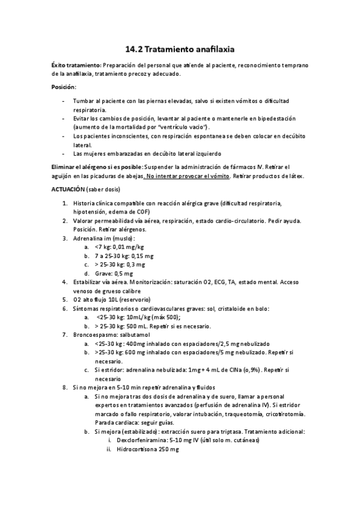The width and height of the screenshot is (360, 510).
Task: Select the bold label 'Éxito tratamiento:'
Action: click(x=76, y=65)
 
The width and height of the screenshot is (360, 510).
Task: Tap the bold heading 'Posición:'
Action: click(x=64, y=88)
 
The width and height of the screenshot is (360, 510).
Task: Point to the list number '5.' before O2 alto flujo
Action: click(x=65, y=300)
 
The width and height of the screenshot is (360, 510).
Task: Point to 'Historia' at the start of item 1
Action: click(x=84, y=203)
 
